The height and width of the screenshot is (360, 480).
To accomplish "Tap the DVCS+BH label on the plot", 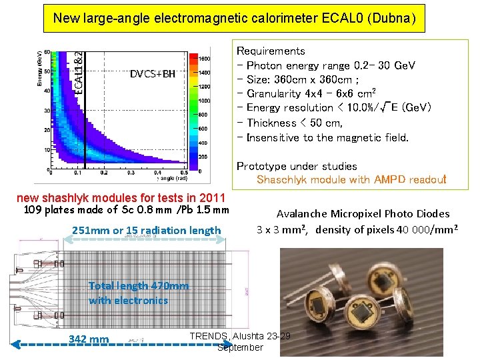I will tap(152, 73).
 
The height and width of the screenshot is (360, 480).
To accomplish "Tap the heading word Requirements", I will tap(271, 51).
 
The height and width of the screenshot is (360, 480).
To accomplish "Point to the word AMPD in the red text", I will tap(380, 180).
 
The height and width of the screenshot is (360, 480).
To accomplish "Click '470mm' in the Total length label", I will tap(169, 286).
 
